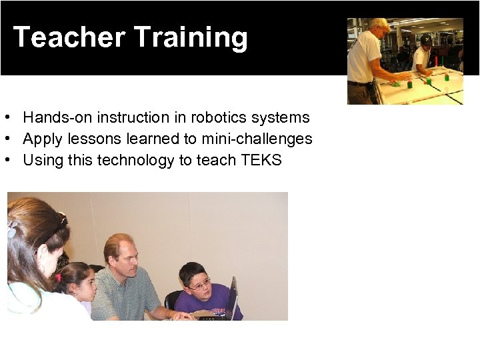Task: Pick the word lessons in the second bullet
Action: tap(88, 139)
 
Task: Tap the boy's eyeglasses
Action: tap(199, 285)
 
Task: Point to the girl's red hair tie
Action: tap(58, 277)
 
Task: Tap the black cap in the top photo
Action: tap(425, 38)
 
